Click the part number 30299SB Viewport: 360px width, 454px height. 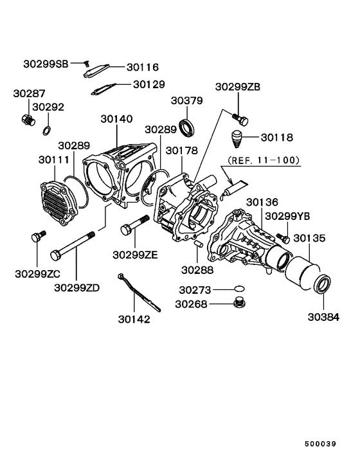click(x=44, y=64)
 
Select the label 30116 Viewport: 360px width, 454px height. click(x=142, y=67)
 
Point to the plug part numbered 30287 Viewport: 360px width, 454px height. click(x=27, y=120)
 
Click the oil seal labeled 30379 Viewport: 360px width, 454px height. click(x=187, y=127)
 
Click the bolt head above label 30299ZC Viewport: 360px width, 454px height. click(x=37, y=238)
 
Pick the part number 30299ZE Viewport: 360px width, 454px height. click(x=135, y=255)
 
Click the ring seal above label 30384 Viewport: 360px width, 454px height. click(x=322, y=284)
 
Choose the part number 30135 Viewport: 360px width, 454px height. click(x=309, y=238)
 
